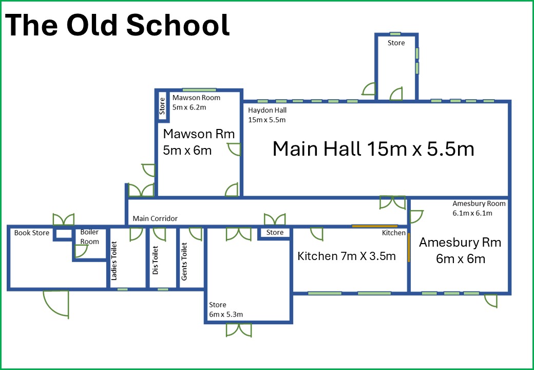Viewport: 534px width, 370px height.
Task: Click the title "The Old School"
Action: [118, 25]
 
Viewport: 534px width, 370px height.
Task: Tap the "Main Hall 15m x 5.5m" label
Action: [373, 149]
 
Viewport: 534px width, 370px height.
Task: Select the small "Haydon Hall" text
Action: [268, 110]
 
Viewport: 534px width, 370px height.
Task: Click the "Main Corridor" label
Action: [155, 218]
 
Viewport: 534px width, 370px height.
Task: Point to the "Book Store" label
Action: [32, 233]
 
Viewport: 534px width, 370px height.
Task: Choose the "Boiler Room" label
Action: [89, 237]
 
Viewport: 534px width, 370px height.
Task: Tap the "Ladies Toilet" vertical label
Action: [114, 261]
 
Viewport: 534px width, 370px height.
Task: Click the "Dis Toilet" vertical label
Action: [155, 260]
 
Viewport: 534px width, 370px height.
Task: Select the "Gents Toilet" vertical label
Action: [184, 262]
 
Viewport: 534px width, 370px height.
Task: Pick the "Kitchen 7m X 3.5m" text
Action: [347, 256]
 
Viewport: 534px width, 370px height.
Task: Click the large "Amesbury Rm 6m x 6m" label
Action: [460, 250]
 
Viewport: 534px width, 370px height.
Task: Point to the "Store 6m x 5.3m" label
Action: [226, 309]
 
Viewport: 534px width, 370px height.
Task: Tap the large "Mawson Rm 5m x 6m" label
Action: [199, 142]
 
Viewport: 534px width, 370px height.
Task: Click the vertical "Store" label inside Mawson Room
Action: [162, 106]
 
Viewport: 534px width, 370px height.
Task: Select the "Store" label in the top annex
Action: [396, 43]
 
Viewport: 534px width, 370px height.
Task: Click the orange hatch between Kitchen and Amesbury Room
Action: [409, 247]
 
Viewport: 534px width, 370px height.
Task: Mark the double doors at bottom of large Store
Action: [239, 330]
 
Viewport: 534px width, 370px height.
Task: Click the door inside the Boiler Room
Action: [81, 251]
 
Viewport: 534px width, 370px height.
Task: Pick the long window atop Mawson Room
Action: [199, 90]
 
